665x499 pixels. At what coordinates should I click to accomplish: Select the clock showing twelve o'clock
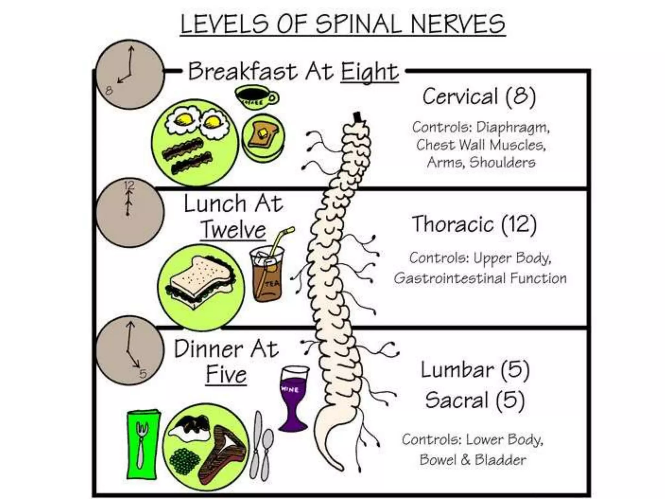(x=130, y=213)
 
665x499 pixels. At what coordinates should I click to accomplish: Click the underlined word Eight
(x=369, y=72)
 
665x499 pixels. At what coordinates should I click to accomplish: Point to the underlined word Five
(x=226, y=375)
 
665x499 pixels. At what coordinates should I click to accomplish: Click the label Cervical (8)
(x=479, y=96)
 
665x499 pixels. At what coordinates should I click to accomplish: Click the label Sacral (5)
(x=475, y=400)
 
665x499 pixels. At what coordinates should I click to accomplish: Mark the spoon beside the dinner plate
(x=267, y=452)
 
